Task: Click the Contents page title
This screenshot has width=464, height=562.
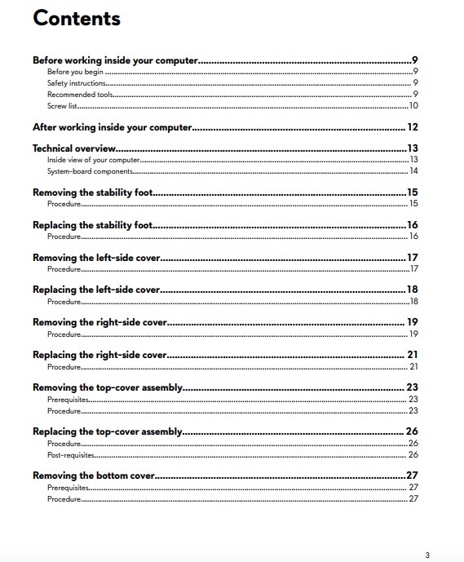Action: point(77,19)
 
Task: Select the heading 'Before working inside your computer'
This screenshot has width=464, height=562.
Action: point(115,60)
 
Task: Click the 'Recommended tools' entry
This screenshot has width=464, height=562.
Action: point(79,95)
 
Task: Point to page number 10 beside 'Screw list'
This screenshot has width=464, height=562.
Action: point(413,105)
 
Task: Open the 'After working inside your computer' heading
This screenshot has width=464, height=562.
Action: point(112,127)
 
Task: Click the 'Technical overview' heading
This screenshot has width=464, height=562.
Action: point(74,148)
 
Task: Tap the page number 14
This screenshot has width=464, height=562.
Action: point(413,171)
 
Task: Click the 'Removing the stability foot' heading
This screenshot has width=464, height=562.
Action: point(93,192)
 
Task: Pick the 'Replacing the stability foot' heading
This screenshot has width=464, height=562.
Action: point(93,225)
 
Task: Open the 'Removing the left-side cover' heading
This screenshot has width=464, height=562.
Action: point(96,258)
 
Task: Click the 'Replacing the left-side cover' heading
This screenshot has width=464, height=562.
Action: point(95,290)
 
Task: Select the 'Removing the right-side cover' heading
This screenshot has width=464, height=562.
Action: point(99,322)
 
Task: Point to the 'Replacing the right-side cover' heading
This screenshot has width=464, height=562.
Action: point(99,355)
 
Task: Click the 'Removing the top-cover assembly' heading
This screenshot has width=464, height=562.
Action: point(107,387)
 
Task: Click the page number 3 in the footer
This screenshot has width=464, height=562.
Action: point(426,555)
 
